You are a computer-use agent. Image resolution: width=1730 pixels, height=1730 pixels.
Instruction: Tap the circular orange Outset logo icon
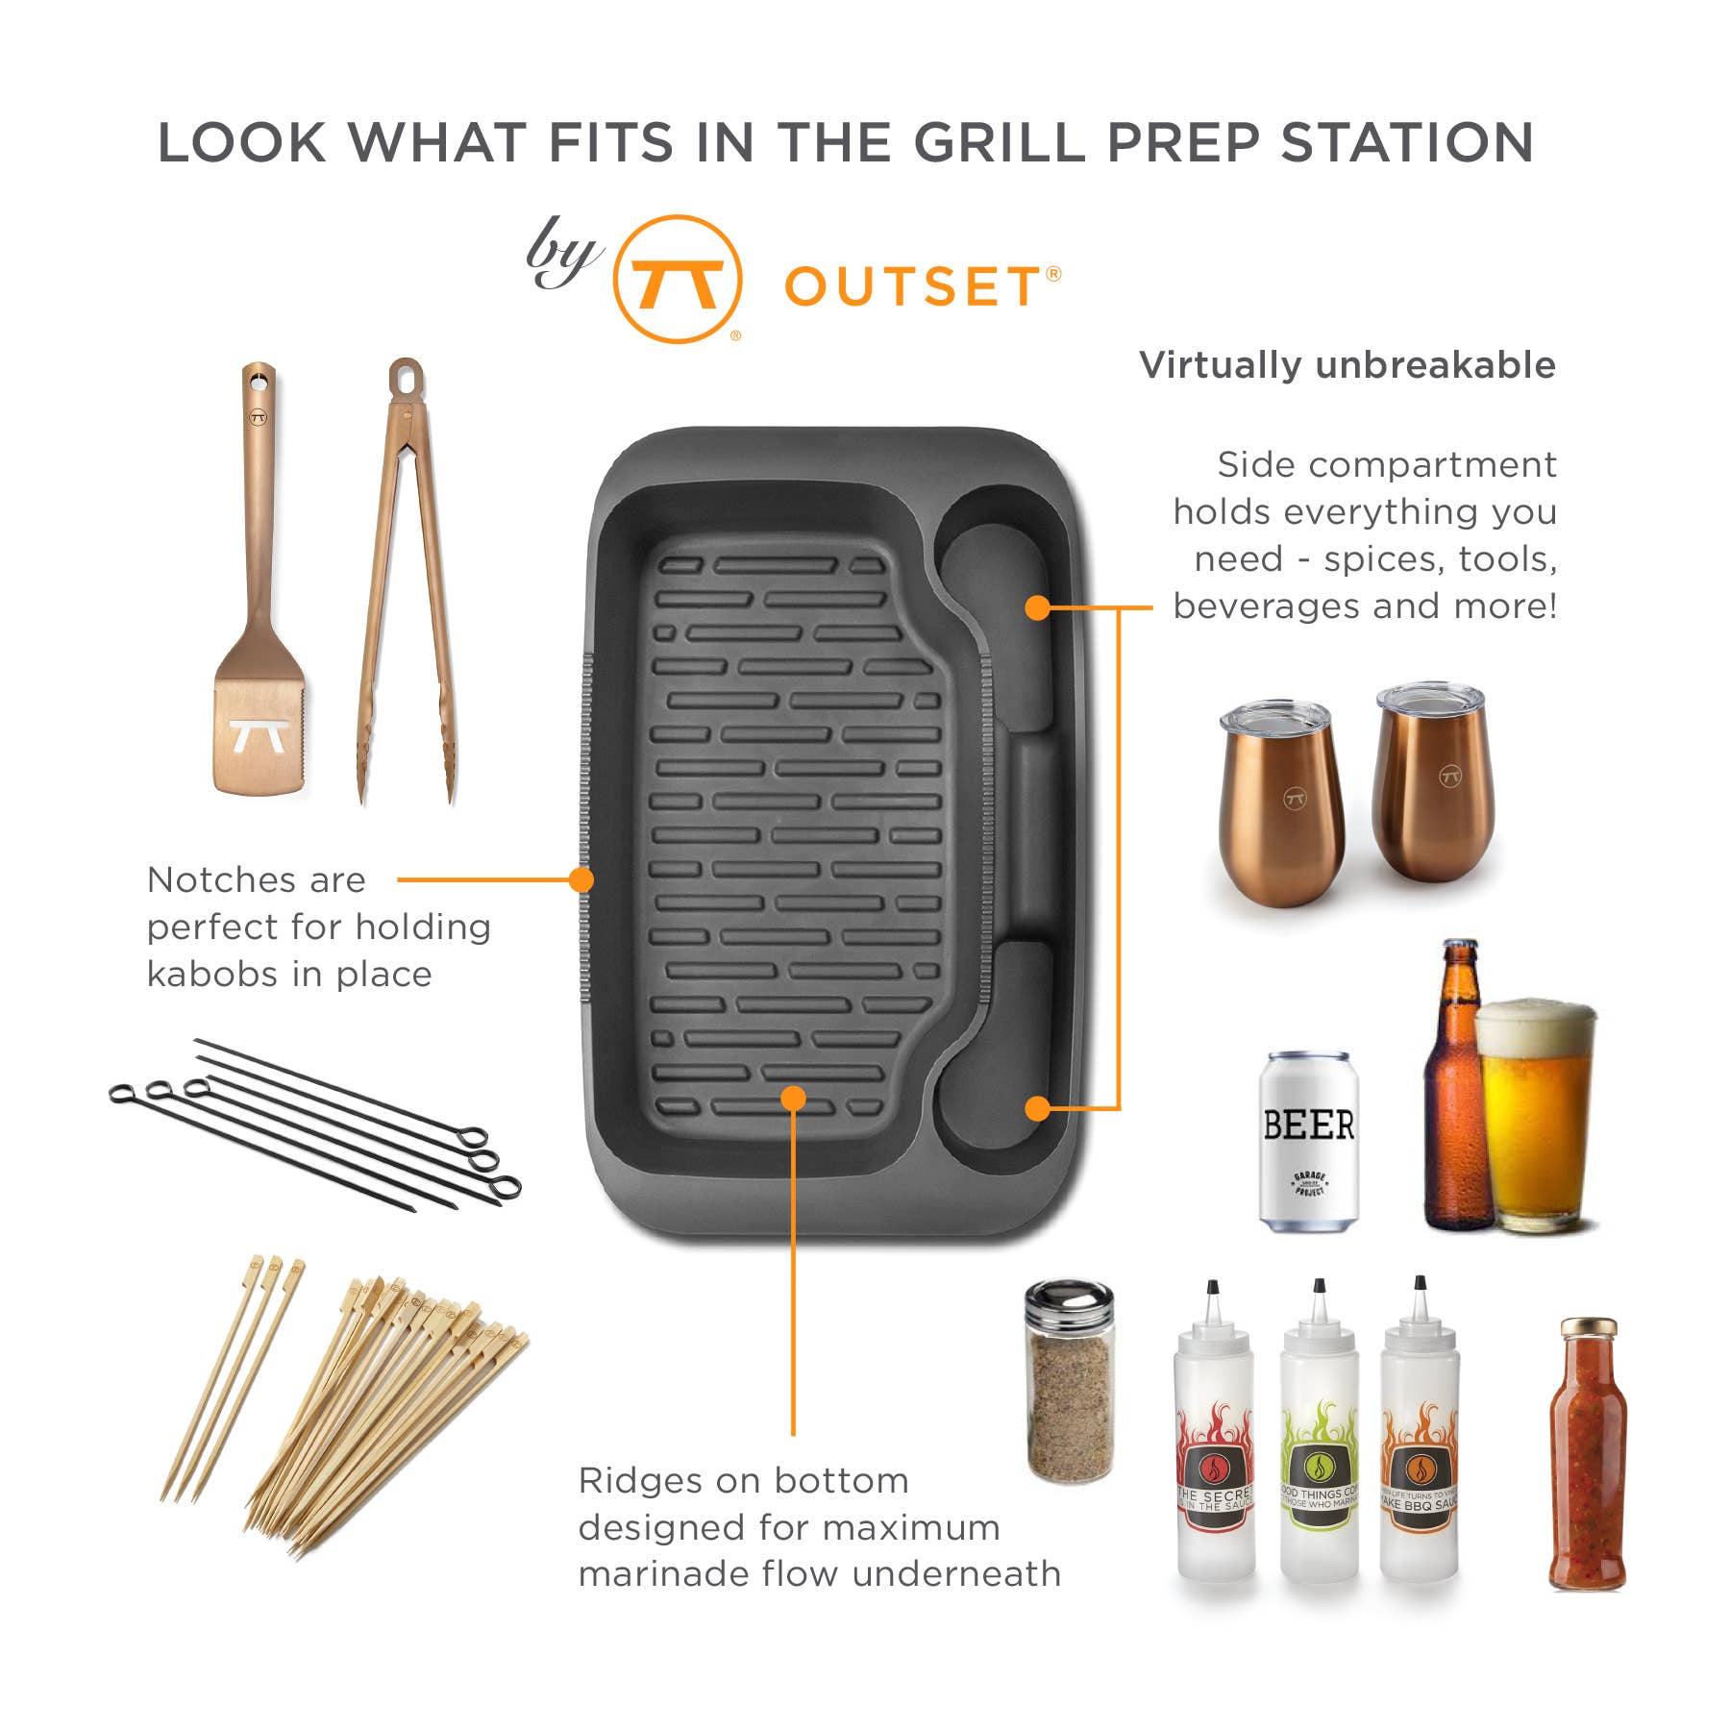click(x=678, y=279)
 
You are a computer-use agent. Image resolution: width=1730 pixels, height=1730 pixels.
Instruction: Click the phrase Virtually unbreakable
click(x=1347, y=365)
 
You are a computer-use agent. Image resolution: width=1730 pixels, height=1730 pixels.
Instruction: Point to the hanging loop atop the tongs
click(x=406, y=377)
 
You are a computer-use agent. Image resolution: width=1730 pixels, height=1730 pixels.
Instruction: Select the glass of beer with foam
click(x=1536, y=1115)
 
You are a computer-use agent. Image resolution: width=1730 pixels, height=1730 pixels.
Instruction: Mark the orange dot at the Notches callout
click(x=581, y=879)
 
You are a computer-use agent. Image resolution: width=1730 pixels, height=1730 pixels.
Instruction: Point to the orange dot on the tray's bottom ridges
click(x=793, y=1098)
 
